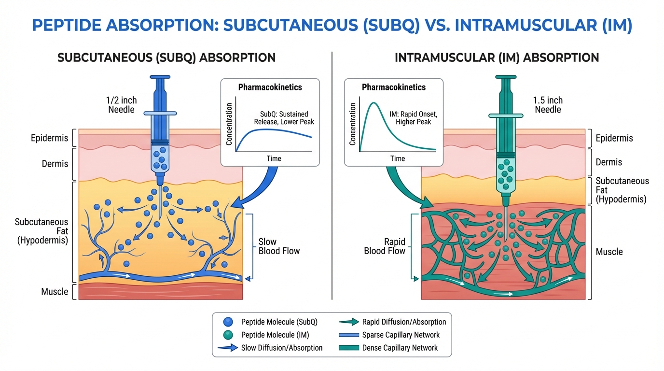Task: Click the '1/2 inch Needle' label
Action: [x=122, y=105]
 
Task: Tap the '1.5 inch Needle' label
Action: [x=547, y=105]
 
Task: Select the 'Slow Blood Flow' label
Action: [x=279, y=246]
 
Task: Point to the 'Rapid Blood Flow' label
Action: [x=385, y=246]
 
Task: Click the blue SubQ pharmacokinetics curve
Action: [x=270, y=132]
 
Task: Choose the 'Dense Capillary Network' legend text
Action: [x=400, y=348]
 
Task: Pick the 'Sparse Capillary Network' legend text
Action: [x=401, y=335]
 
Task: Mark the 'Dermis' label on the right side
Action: [x=609, y=162]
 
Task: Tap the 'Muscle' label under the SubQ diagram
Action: [x=55, y=291]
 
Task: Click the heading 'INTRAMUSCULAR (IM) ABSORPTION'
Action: [x=497, y=58]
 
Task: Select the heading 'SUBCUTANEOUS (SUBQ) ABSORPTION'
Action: [x=166, y=58]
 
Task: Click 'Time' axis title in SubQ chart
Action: [x=274, y=158]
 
